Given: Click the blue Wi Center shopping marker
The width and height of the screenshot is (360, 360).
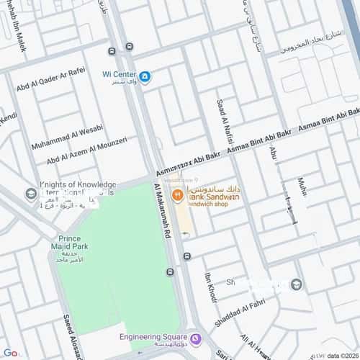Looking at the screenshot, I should (x=145, y=76).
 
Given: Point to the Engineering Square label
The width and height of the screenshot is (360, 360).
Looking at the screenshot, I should (x=154, y=336).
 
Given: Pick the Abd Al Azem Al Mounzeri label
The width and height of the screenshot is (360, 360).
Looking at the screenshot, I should (x=86, y=150).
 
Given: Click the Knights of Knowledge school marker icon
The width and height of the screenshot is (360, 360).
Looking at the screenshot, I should (x=31, y=194).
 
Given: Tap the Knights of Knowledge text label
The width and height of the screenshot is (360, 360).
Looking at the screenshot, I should (x=78, y=186).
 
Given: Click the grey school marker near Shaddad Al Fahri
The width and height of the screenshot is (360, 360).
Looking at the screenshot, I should (x=296, y=284).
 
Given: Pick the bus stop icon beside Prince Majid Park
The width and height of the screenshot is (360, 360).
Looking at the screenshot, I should (x=169, y=272).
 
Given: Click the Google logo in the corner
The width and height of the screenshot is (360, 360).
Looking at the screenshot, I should (x=9, y=353).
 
